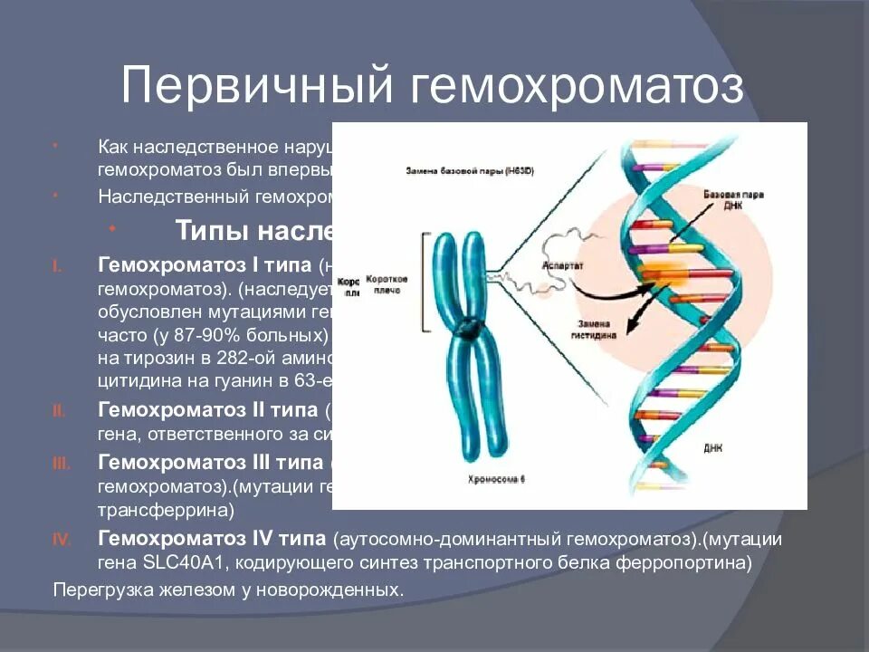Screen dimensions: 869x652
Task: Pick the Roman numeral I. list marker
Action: pyautogui.click(x=56, y=267)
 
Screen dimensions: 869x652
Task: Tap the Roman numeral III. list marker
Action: pyautogui.click(x=61, y=463)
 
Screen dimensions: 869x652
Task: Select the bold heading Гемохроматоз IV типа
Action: pyautogui.click(x=213, y=540)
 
